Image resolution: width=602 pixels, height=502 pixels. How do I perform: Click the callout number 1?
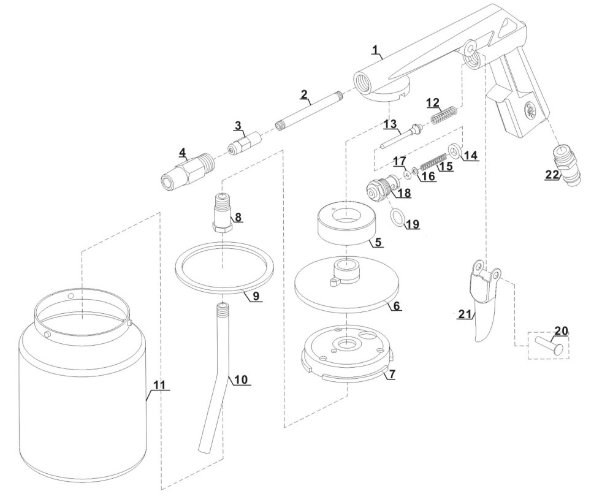[x=376, y=48]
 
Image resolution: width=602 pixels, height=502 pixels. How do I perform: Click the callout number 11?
[x=159, y=384]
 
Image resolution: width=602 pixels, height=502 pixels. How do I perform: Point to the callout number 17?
[x=399, y=161]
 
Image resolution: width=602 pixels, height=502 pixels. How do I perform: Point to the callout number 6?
[x=397, y=305]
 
